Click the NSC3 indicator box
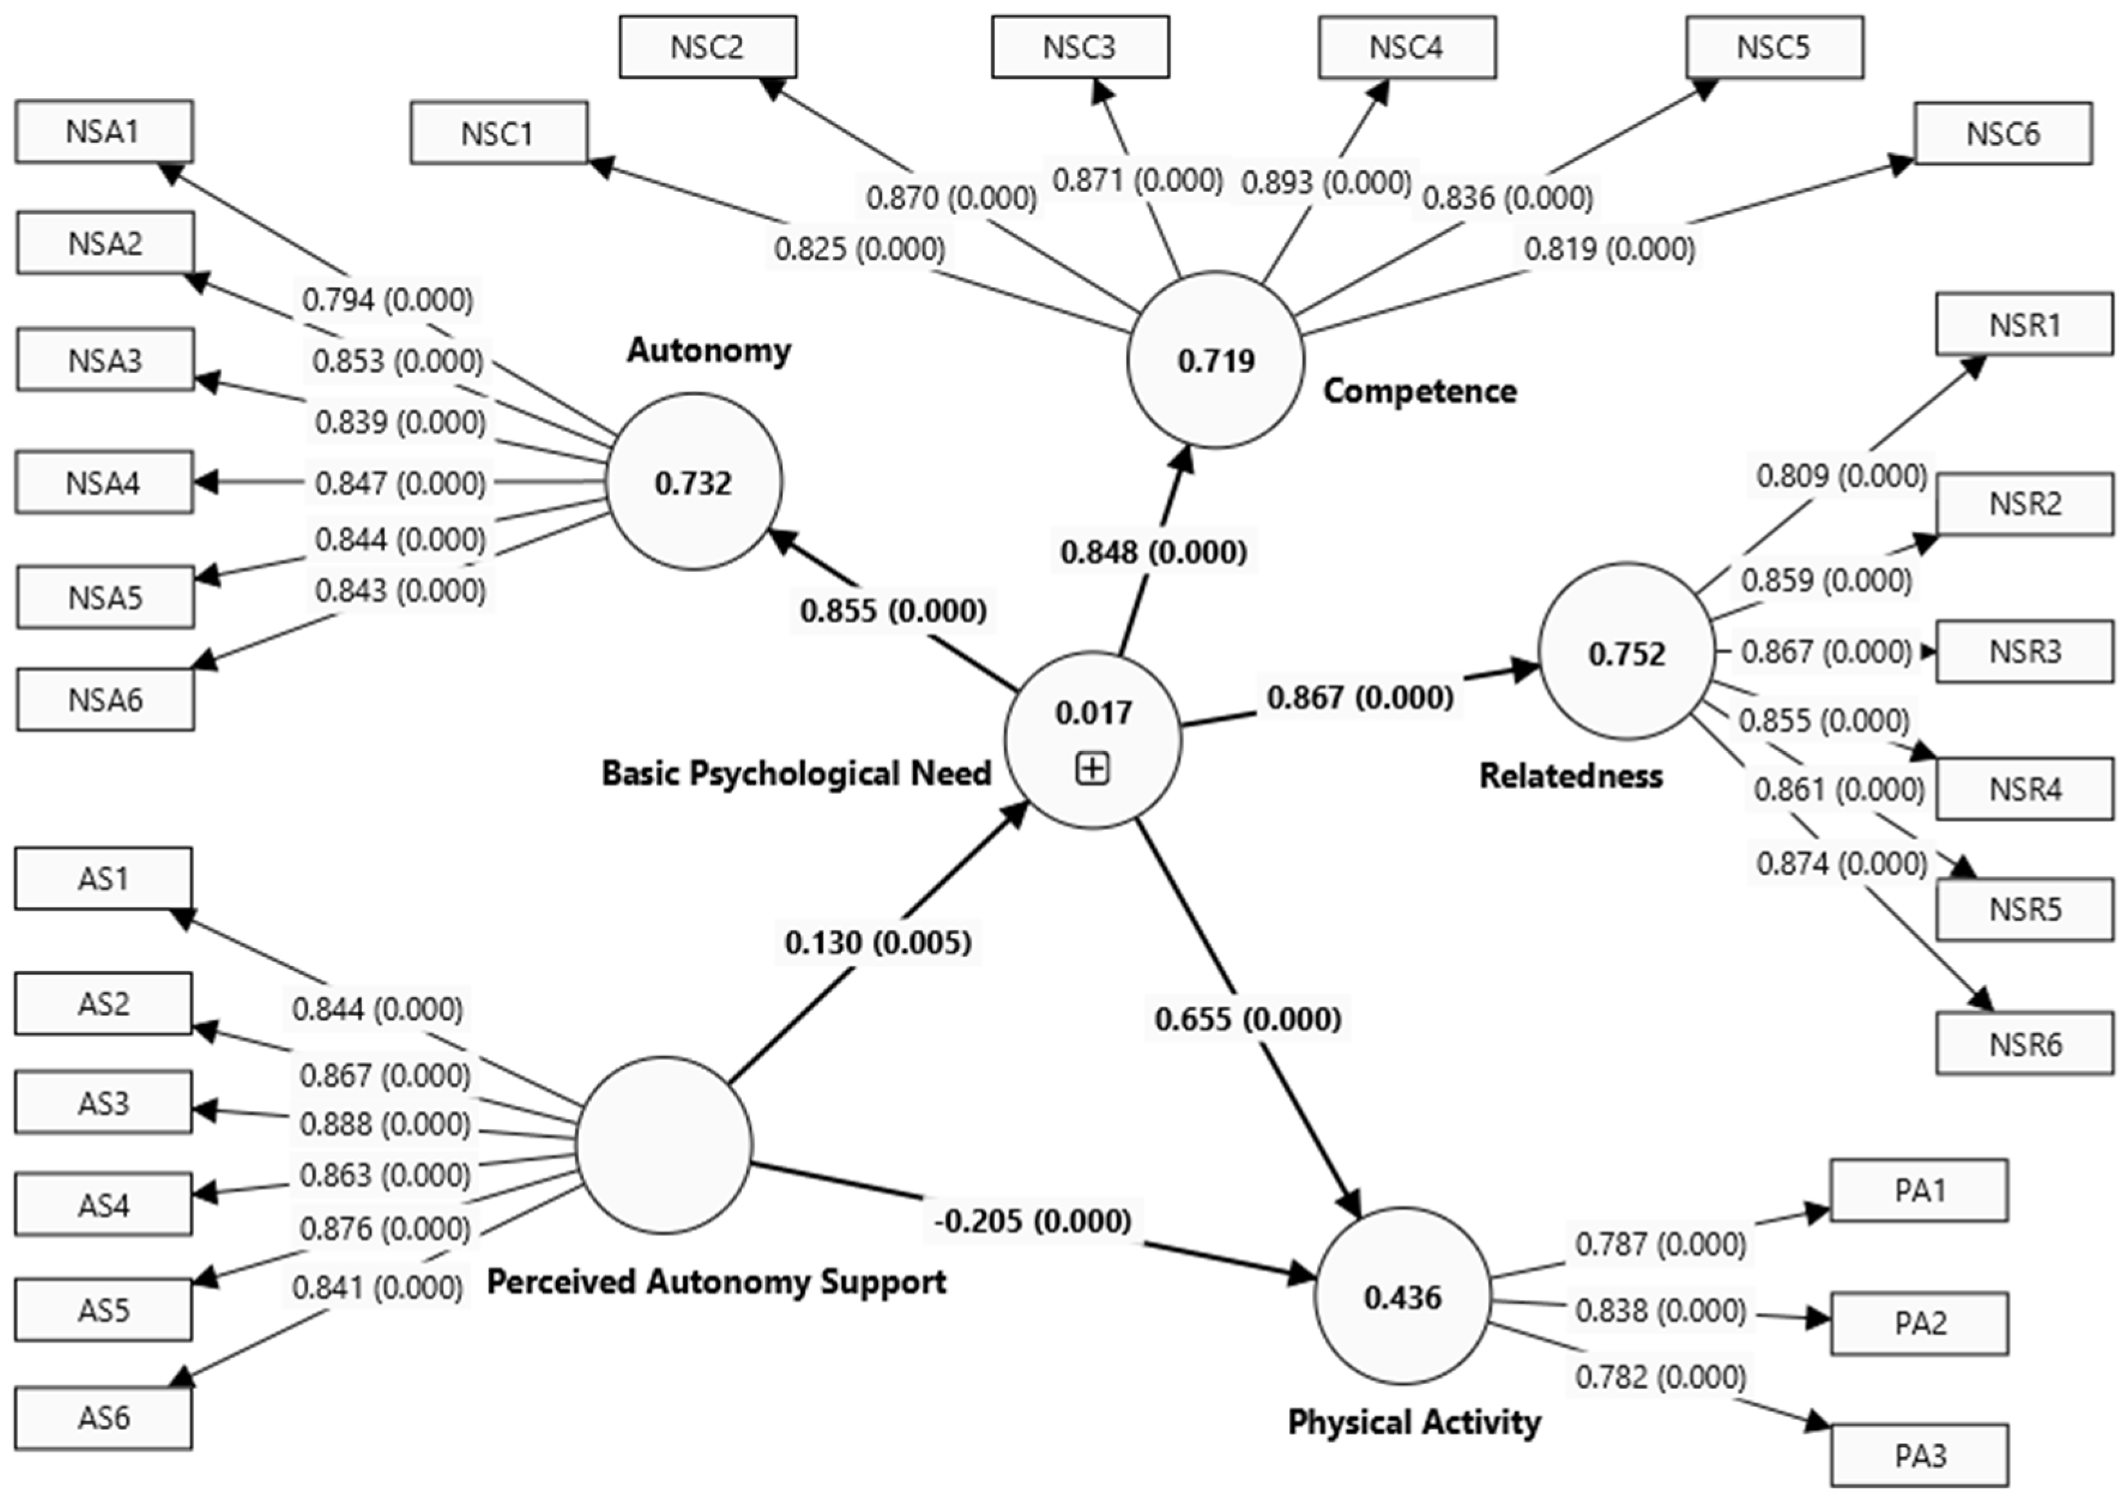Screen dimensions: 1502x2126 1080,47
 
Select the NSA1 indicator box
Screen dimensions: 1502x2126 104,132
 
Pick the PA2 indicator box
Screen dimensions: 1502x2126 1919,1324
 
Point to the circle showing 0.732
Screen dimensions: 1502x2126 693,481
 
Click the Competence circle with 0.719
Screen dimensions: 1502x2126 1215,360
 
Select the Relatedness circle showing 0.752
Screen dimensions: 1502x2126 1626,653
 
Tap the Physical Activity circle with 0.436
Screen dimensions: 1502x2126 1402,1297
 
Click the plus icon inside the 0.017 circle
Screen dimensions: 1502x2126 1093,768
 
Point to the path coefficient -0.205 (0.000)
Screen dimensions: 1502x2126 1032,1220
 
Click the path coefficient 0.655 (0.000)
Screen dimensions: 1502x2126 1247,1019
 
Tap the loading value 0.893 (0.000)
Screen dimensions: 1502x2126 1326,182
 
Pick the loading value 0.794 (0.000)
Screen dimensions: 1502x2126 387,300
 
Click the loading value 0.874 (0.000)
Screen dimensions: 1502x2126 1841,864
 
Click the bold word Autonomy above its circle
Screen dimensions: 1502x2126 709,350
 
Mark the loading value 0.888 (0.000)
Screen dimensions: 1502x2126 385,1124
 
